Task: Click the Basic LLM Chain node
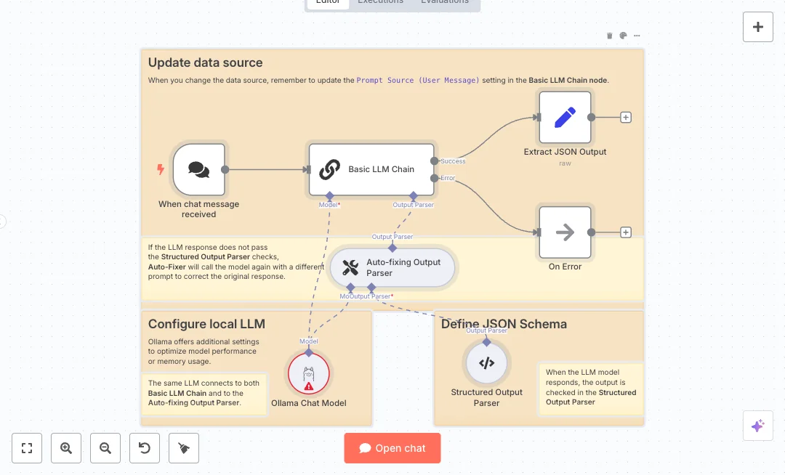[x=371, y=169]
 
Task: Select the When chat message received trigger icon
[x=198, y=169]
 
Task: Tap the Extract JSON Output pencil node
[x=565, y=117]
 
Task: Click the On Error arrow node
[x=565, y=232]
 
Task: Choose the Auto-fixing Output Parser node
[x=392, y=268]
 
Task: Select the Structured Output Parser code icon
[x=486, y=363]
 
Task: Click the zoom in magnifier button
[x=66, y=448]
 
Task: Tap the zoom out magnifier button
[x=105, y=448]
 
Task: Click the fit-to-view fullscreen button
[x=27, y=448]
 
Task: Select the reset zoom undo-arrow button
[x=145, y=448]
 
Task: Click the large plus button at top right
[x=757, y=27]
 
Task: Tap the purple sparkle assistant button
[x=757, y=426]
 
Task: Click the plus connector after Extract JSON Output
[x=626, y=117]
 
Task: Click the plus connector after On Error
[x=626, y=232]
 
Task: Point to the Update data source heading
[x=206, y=63]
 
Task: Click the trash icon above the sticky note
[x=610, y=36]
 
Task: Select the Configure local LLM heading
[x=206, y=324]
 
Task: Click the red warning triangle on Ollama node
[x=309, y=386]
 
